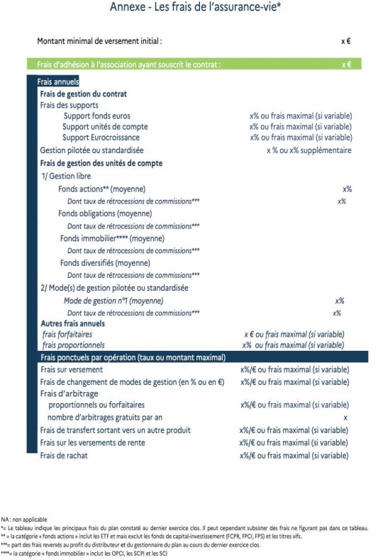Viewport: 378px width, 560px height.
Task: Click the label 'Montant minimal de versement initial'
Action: pos(99,41)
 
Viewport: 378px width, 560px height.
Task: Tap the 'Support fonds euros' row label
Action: pos(96,116)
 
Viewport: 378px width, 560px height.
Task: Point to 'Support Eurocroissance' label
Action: pos(101,138)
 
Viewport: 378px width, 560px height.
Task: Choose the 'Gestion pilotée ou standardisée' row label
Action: pos(91,150)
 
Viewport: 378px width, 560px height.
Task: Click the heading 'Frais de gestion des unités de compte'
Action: pos(101,163)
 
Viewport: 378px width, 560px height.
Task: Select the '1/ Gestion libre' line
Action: pos(66,176)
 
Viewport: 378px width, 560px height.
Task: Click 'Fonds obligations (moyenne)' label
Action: pos(104,213)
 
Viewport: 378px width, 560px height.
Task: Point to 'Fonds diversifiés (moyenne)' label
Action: pos(104,262)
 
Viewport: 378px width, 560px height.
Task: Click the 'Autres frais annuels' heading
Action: pos(73,323)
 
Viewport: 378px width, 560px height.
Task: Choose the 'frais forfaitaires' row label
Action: pos(67,334)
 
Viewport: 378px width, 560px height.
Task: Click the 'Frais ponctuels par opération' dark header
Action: pos(133,357)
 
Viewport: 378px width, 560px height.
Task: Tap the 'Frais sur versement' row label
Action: pos(72,369)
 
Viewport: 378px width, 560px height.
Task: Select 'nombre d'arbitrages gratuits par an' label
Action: pos(105,418)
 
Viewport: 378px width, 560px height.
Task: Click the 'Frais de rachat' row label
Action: pos(64,456)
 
